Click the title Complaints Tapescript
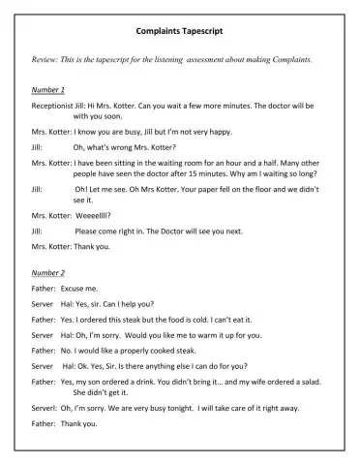click(x=179, y=31)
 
